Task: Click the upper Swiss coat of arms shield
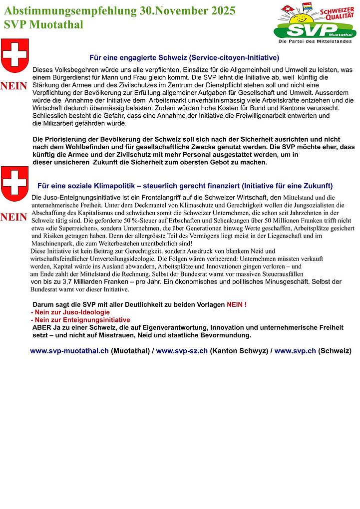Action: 15,55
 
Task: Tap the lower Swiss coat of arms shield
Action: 15,184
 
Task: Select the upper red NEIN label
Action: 14,86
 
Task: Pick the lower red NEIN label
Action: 14,218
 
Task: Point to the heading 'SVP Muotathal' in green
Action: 43,25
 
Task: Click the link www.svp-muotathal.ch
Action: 69,351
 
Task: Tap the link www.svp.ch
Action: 295,351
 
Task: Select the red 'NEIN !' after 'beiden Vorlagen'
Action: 237,304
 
